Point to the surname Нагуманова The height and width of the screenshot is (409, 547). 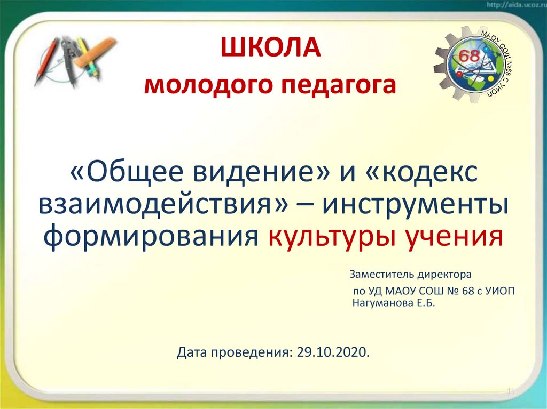click(384, 303)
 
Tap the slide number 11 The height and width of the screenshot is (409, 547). click(510, 392)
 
